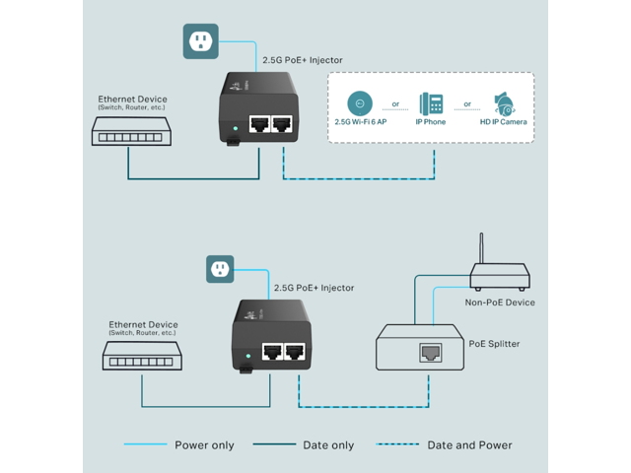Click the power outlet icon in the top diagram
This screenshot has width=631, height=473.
pyautogui.click(x=200, y=40)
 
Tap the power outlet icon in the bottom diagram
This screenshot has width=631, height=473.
pyautogui.click(x=220, y=268)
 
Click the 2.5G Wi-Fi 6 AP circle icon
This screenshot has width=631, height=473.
pyautogui.click(x=361, y=102)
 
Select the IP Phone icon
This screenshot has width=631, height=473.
pyautogui.click(x=431, y=103)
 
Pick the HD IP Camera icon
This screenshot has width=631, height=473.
pyautogui.click(x=503, y=103)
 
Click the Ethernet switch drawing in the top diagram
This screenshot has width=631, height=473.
pyautogui.click(x=128, y=130)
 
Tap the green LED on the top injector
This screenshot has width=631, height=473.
pyautogui.click(x=234, y=127)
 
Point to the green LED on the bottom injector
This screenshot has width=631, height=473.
pyautogui.click(x=247, y=353)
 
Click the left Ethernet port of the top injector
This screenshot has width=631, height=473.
pyautogui.click(x=260, y=124)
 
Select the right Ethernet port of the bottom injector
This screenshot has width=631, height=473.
pyautogui.click(x=295, y=351)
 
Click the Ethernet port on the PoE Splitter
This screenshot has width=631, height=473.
pyautogui.click(x=430, y=351)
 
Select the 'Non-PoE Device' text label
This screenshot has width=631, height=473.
pyautogui.click(x=500, y=303)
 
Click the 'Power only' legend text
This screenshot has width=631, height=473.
pyautogui.click(x=204, y=445)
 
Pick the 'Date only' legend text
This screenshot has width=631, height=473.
pyautogui.click(x=329, y=445)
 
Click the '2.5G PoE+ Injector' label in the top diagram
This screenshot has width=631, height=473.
pyautogui.click(x=303, y=61)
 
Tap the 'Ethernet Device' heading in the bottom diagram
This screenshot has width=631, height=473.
pyautogui.click(x=143, y=324)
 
